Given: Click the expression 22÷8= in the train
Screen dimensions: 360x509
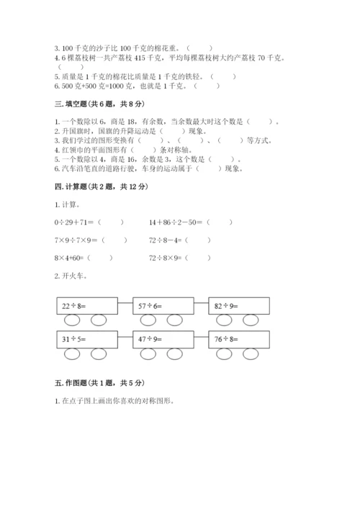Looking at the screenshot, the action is [74, 306].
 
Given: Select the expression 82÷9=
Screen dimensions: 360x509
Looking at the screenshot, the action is [228, 306].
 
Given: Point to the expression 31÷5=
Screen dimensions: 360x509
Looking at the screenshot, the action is [74, 339].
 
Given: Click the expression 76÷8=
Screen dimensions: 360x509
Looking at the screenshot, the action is [228, 339].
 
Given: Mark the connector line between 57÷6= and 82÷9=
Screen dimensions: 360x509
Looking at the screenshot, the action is [200, 303].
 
